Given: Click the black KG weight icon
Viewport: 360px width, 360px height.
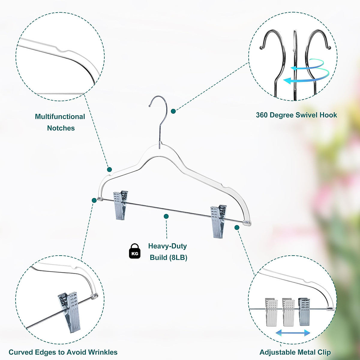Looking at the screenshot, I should tap(135, 251).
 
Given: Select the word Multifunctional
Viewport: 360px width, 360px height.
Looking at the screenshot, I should tap(60, 117).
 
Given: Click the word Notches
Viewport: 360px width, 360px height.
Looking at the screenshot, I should tap(61, 128).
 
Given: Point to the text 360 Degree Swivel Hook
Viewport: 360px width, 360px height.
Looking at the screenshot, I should tap(296, 115).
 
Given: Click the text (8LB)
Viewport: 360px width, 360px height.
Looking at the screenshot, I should tap(178, 258).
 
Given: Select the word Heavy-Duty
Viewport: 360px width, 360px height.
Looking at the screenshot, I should tap(167, 246).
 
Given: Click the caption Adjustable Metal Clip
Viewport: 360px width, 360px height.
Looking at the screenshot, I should tap(295, 352).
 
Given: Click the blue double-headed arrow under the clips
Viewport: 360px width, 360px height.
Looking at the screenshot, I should tap(293, 333).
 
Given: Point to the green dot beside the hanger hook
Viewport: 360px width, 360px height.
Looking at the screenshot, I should tap(173, 111).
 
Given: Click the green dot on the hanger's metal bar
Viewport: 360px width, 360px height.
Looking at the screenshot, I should tap(166, 216).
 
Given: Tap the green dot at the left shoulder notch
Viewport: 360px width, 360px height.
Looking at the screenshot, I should tap(109, 169).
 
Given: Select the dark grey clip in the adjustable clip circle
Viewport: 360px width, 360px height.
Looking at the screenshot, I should tap(304, 312).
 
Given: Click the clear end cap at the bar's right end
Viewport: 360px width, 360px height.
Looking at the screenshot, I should tap(247, 223).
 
